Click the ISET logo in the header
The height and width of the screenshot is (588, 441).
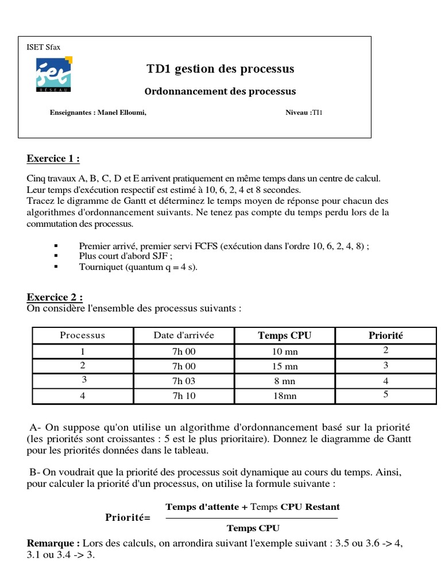point(54,75)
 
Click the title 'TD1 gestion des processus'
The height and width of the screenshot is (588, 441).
point(220,69)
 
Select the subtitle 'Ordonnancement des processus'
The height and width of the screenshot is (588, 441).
point(220,91)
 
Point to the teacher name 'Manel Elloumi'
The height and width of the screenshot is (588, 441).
point(122,113)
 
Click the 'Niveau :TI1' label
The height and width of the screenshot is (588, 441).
point(304,113)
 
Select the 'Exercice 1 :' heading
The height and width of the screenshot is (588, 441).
point(53,158)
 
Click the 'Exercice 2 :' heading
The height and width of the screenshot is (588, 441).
point(55,297)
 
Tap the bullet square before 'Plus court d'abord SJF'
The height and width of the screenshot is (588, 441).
point(56,256)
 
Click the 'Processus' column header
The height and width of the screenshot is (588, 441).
point(83,335)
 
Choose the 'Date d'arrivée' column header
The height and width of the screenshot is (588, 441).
point(184,335)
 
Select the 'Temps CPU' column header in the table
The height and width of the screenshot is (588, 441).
point(284,335)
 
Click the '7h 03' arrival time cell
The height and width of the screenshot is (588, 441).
point(184,381)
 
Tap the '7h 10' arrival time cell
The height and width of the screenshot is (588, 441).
point(184,396)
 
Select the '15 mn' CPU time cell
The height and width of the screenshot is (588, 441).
point(284,366)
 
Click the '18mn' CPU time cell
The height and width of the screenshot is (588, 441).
point(284,396)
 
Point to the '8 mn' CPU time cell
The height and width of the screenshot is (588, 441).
point(284,381)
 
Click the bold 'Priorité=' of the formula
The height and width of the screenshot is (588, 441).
point(127,517)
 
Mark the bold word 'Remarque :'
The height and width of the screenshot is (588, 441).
point(53,543)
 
